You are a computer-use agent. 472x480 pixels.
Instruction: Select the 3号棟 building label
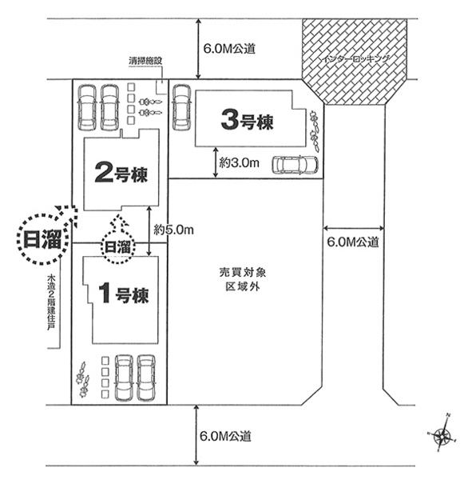(x=247, y=122)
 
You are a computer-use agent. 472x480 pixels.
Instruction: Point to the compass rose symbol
(x=444, y=435)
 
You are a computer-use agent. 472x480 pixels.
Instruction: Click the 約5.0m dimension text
(x=174, y=229)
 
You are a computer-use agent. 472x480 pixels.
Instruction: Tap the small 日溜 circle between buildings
(x=117, y=247)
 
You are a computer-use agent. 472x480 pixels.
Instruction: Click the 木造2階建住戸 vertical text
(x=51, y=309)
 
